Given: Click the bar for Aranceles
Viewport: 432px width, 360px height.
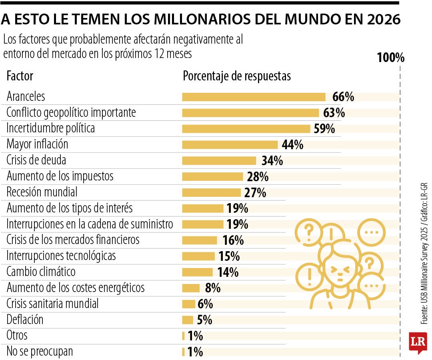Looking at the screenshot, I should point(254,97).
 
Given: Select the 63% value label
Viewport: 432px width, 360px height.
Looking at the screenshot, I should point(334,113).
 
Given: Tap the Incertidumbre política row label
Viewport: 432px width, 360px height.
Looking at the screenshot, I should point(51,128).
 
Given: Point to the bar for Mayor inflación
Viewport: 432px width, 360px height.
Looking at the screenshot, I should point(230,144).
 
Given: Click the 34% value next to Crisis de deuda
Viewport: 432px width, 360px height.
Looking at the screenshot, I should point(272,161).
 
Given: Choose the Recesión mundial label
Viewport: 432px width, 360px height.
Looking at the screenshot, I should point(42,192).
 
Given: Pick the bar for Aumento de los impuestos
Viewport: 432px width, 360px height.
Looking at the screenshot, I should point(212,176).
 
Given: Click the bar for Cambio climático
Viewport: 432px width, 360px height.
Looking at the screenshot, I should point(198,272).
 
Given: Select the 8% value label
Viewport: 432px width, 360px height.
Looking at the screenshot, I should point(212,288).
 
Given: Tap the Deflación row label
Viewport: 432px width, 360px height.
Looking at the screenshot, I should point(25,320).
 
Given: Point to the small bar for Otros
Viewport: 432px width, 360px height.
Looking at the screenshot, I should point(183,336).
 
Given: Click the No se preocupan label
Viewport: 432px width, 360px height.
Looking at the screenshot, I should point(40,352).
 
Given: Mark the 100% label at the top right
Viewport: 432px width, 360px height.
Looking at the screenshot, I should point(391,58).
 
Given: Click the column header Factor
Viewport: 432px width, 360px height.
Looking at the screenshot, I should point(20,76).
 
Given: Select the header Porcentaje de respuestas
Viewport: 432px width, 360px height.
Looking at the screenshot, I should point(237,76).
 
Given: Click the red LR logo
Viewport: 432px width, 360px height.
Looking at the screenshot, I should point(418,342).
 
